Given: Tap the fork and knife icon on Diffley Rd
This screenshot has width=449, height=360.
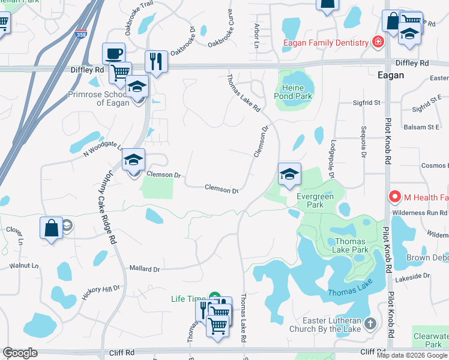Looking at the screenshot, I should pyautogui.click(x=156, y=61).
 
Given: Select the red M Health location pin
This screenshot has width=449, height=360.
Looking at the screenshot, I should pyautogui.click(x=395, y=196).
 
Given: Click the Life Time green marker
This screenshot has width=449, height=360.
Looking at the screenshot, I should pyautogui.click(x=214, y=296).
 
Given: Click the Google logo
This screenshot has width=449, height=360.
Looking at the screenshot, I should pyautogui.click(x=20, y=353).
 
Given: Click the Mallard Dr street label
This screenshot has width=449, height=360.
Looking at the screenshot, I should pyautogui.click(x=145, y=269).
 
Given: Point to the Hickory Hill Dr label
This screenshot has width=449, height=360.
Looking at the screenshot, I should pyautogui.click(x=101, y=293).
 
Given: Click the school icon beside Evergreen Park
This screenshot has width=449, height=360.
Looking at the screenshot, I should pyautogui.click(x=289, y=174).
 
